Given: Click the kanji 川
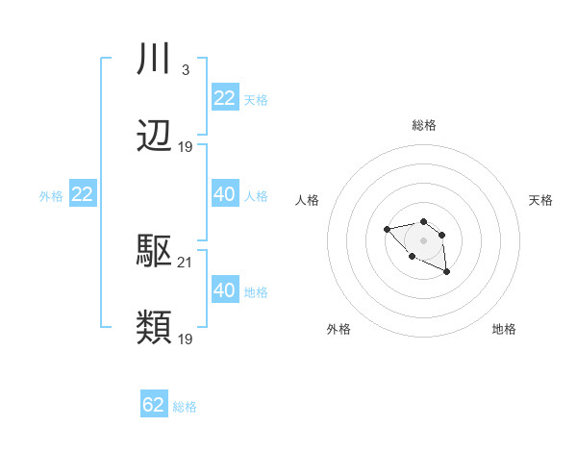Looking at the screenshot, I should click(x=155, y=61).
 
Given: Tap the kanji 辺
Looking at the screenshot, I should click(x=155, y=137).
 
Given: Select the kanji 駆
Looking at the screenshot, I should click(x=155, y=252).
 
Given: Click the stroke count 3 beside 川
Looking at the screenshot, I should click(x=185, y=70).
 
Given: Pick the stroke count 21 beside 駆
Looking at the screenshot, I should click(x=186, y=262).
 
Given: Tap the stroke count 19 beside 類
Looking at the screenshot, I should click(x=186, y=339).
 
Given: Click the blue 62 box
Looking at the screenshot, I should click(x=154, y=405).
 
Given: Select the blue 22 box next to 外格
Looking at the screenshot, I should click(x=83, y=194).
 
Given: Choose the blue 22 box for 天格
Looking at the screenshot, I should click(x=225, y=98).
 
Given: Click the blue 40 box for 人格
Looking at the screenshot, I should click(x=225, y=194).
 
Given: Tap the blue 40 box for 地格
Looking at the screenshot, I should click(x=225, y=289).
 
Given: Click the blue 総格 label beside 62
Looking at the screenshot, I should click(x=185, y=407).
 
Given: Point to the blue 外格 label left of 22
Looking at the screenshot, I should click(x=51, y=195).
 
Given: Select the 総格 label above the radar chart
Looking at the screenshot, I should click(x=424, y=125).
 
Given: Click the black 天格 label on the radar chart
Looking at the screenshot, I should click(x=540, y=200).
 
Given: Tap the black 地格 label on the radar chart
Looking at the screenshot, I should click(x=504, y=329).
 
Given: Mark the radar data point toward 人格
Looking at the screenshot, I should click(x=387, y=229).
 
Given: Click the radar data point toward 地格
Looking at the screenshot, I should click(x=447, y=272).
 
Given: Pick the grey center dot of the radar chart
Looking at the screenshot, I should click(x=424, y=240).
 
